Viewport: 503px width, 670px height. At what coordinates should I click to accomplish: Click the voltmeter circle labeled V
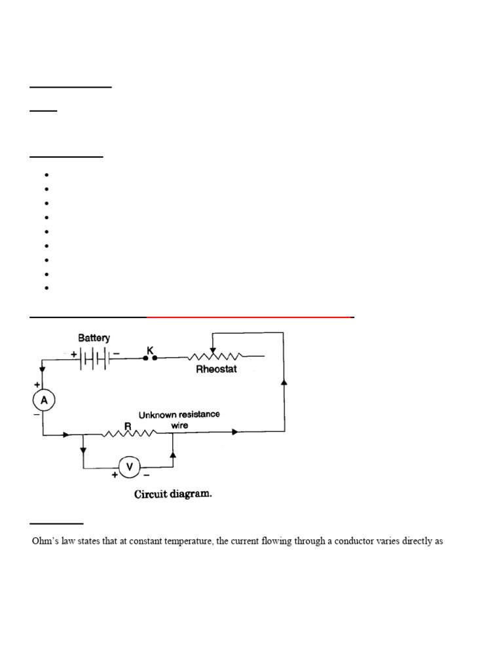129,467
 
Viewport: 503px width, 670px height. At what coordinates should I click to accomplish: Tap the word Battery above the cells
94,338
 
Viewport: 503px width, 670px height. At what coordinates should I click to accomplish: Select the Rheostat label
217,370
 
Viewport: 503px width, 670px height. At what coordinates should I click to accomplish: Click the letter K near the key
150,351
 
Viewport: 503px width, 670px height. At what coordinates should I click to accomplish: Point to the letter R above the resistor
128,425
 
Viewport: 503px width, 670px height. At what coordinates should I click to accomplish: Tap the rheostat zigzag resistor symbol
215,357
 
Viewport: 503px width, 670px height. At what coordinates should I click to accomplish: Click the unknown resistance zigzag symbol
130,433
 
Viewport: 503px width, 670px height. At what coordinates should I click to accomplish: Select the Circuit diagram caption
173,495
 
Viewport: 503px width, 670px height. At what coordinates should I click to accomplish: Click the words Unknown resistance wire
179,419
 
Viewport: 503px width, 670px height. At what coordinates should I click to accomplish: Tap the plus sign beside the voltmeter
115,476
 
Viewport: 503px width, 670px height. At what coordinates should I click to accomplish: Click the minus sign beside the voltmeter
145,476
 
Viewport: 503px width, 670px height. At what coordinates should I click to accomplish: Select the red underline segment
249,317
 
